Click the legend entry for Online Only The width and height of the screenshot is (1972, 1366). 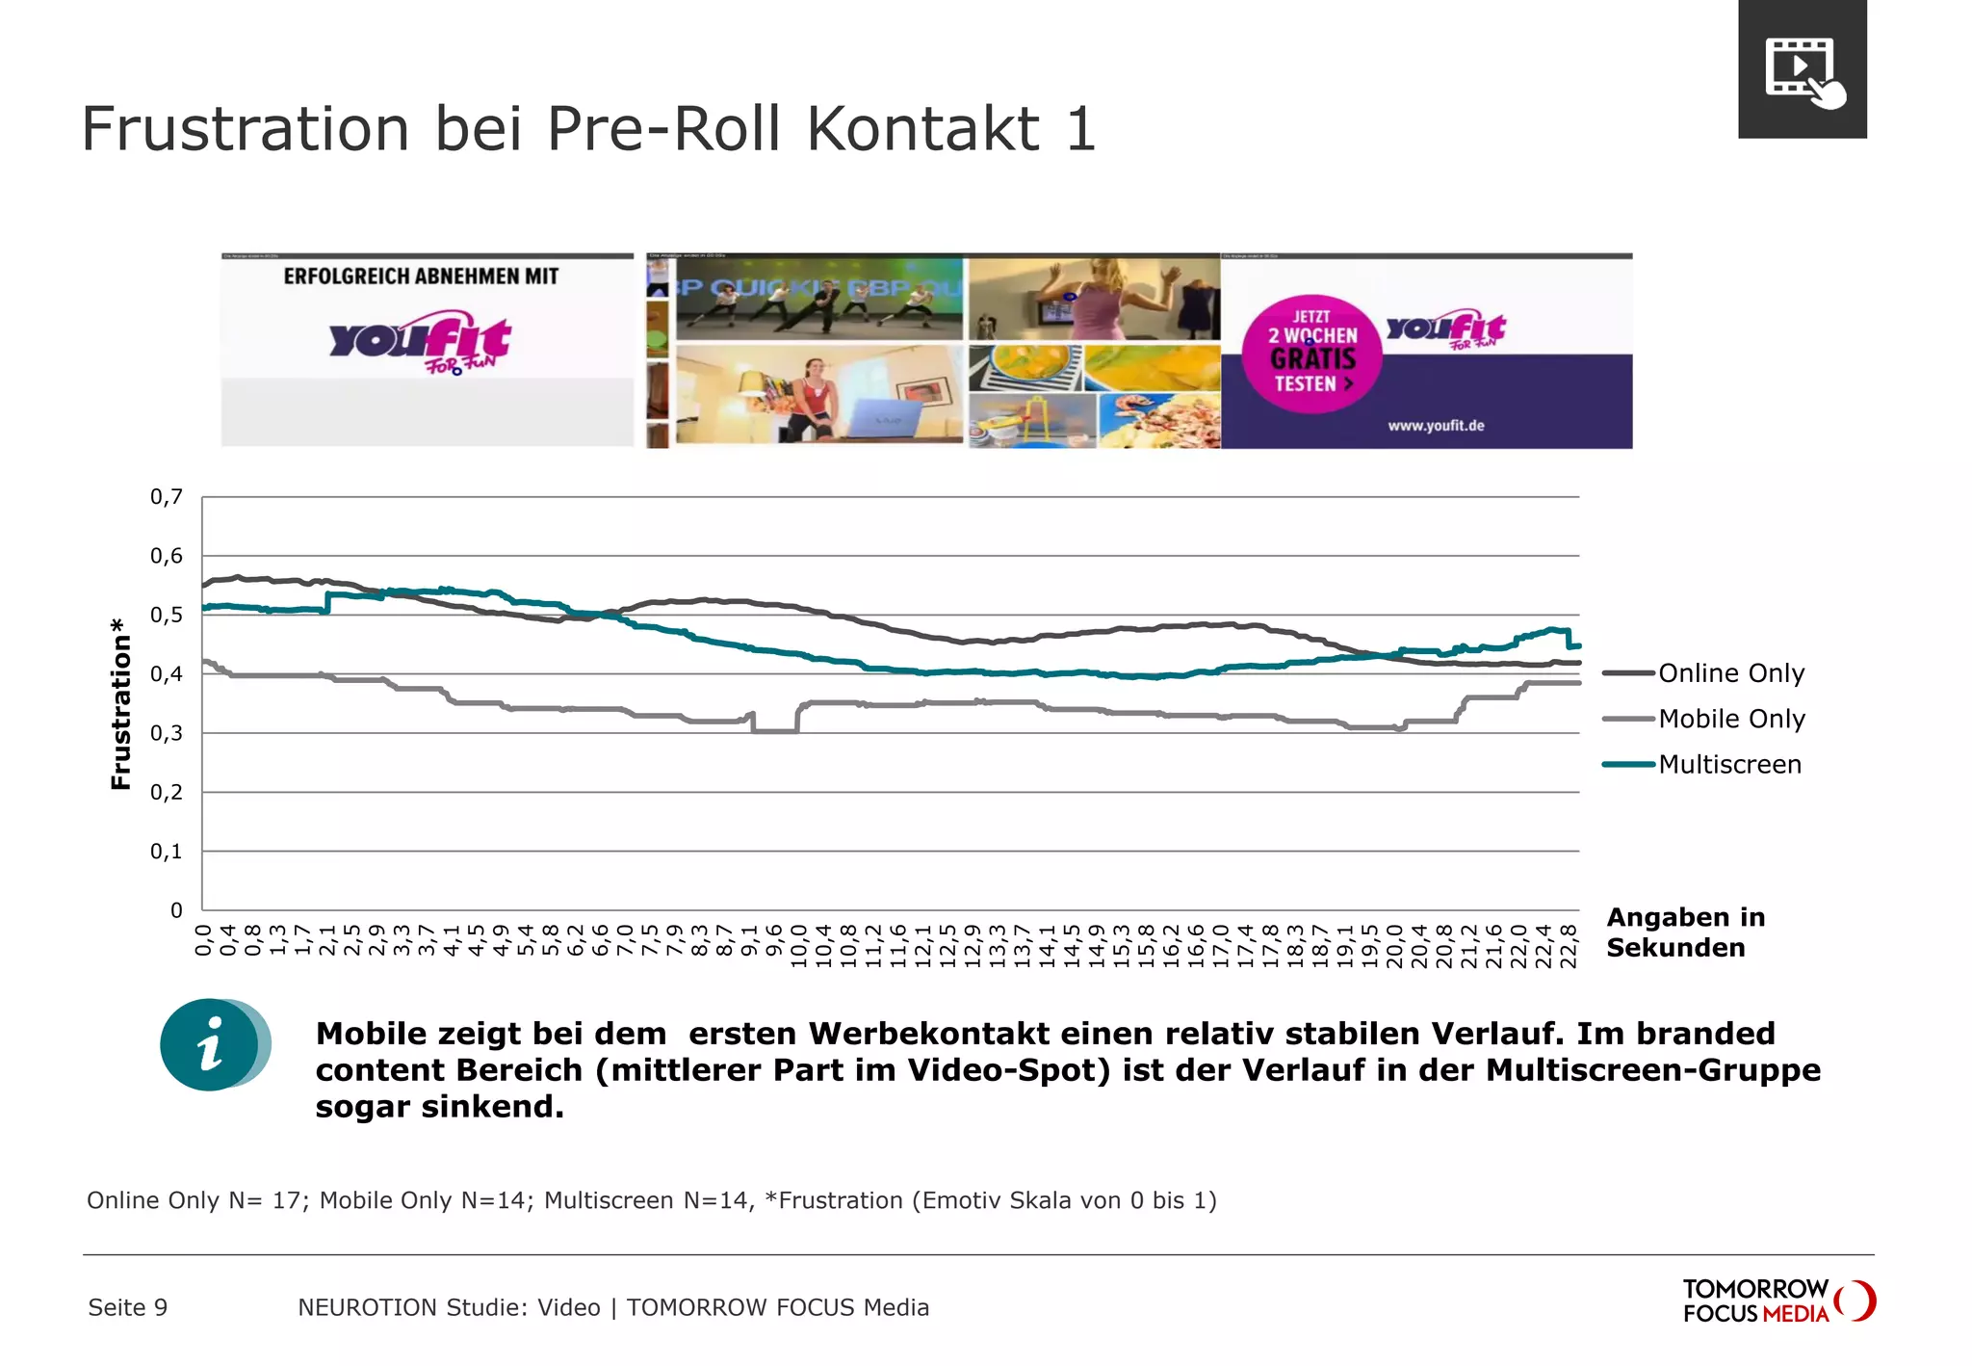[x=1730, y=673]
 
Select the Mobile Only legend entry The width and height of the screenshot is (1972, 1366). [x=1731, y=719]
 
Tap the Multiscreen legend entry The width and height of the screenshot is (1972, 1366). [x=1729, y=765]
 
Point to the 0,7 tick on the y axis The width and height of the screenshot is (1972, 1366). [x=166, y=497]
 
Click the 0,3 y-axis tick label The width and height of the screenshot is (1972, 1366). [x=166, y=733]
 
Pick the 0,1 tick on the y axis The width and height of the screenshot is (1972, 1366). [x=166, y=852]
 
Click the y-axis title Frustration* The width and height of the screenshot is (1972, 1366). [x=120, y=704]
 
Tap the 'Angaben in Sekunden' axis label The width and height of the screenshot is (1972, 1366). [x=1685, y=932]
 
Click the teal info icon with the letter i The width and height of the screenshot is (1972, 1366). [x=212, y=1045]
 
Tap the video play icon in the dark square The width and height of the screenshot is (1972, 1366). [x=1802, y=70]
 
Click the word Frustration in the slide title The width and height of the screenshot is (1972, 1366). [x=246, y=129]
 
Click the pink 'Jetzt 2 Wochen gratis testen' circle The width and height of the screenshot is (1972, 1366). [x=1311, y=354]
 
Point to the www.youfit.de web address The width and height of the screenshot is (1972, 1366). [x=1436, y=426]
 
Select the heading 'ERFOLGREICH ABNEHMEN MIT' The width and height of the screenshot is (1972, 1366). [x=421, y=276]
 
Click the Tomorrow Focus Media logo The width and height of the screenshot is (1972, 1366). [x=1777, y=1300]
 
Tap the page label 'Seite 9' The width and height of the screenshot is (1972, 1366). [x=127, y=1307]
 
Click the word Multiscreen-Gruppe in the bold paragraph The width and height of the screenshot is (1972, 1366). [x=1652, y=1070]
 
